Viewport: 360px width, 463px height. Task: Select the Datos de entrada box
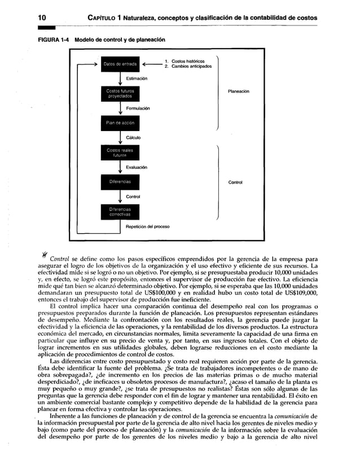119,64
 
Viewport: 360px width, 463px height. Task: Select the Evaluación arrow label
138,167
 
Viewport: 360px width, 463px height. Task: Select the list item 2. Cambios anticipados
188,66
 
